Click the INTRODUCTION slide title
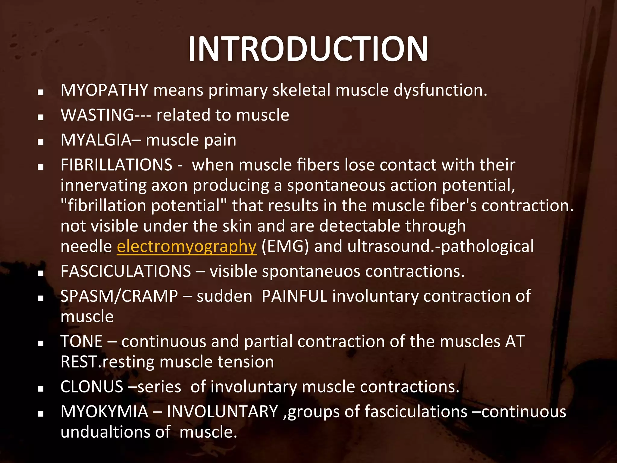click(x=308, y=49)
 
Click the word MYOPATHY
click(x=104, y=90)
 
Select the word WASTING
click(x=97, y=115)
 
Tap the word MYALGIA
click(x=96, y=140)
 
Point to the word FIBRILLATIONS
click(x=116, y=165)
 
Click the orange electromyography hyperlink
click(x=186, y=247)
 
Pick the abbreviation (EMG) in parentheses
click(x=285, y=247)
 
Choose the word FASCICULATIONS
click(x=126, y=271)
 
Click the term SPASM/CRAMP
click(x=119, y=296)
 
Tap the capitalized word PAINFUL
click(x=294, y=296)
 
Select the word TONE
click(x=82, y=342)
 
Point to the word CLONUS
click(x=92, y=387)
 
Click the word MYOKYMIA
click(x=104, y=412)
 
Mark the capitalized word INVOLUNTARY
click(x=222, y=412)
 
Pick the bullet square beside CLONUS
click(x=41, y=389)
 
